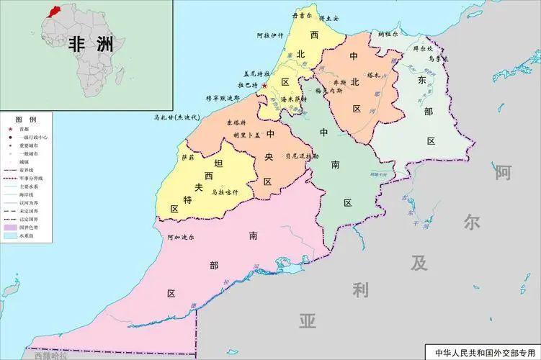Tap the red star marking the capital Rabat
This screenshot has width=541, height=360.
point(264,86)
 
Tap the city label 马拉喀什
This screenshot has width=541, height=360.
point(225,192)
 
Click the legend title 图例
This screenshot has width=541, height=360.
point(26,118)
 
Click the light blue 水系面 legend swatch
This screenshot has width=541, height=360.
point(12,235)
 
